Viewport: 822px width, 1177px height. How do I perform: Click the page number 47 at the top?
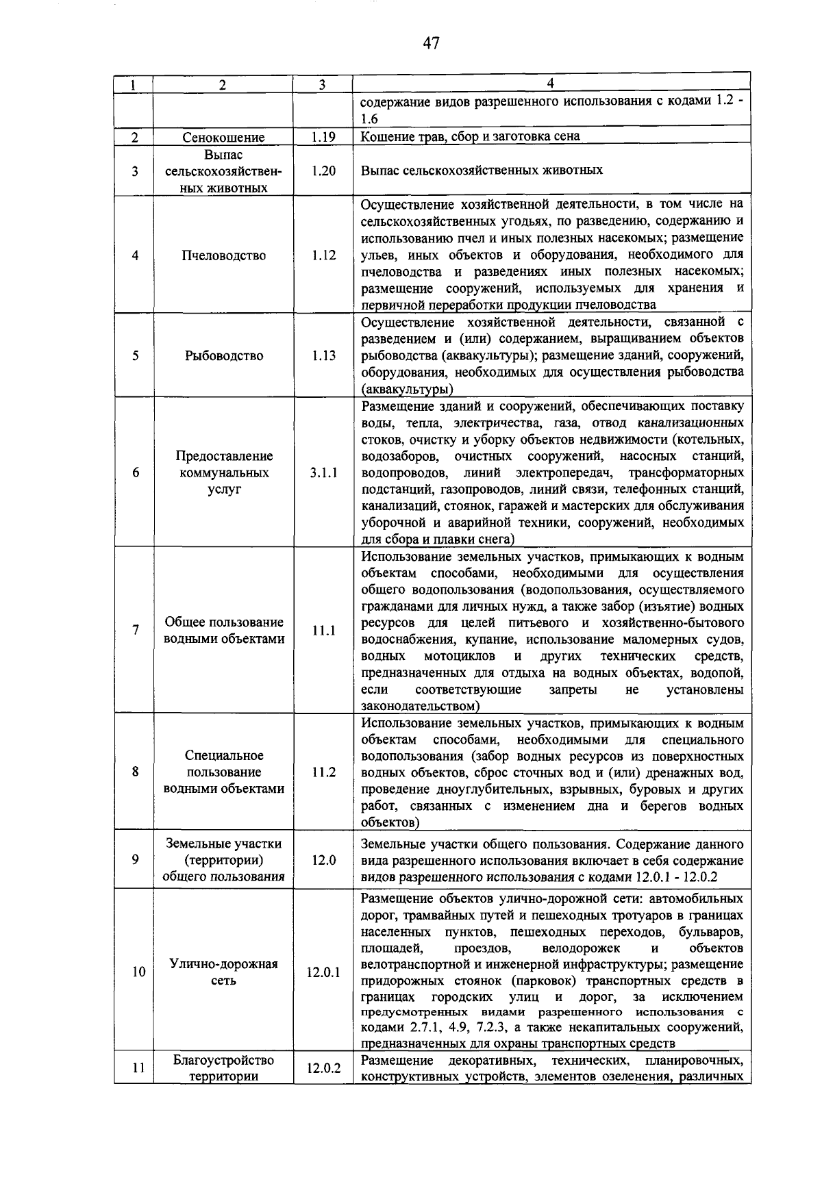430,44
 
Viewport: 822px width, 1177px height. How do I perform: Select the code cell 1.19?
322,136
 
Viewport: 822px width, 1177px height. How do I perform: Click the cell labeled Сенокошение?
224,137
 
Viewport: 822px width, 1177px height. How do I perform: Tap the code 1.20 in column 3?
322,170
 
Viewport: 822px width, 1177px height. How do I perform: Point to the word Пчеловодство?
224,255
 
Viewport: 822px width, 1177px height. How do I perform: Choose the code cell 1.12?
322,255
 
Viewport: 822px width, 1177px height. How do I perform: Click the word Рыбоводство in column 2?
224,355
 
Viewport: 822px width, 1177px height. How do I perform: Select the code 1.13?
322,355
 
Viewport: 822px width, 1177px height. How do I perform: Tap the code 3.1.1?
322,472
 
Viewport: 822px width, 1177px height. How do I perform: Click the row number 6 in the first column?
135,472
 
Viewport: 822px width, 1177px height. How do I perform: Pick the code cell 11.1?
322,631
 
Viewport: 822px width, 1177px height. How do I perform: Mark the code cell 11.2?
322,772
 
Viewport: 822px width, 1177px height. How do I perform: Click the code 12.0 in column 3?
322,860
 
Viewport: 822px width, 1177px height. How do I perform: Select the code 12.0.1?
322,972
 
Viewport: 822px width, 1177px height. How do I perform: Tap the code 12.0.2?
322,1067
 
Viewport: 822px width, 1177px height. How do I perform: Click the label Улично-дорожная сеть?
224,972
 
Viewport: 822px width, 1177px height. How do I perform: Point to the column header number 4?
551,84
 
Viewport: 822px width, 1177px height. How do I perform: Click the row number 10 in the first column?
138,972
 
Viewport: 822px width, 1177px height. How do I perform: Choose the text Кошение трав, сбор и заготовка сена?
470,136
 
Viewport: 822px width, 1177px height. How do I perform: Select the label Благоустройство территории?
224,1068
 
